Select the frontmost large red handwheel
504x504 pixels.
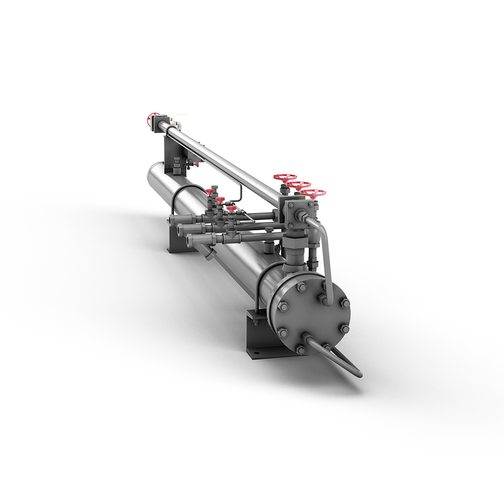313,193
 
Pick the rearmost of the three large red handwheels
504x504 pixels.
285,178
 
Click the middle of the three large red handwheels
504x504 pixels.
300,185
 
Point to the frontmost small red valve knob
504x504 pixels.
231,208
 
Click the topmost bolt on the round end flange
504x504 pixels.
301,287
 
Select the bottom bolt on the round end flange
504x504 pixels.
301,350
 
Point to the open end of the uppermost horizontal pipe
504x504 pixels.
172,220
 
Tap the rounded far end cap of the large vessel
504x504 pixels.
151,174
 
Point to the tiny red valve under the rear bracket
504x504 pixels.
197,164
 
